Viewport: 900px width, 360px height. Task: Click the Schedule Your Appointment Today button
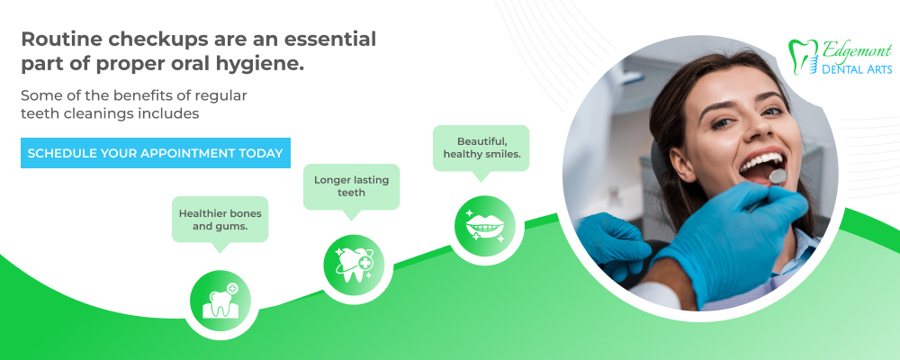pos(156,153)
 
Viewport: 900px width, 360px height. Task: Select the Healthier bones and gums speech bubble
pos(220,220)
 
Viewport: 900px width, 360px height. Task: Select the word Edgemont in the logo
pos(857,50)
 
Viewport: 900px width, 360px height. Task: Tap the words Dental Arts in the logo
pos(857,69)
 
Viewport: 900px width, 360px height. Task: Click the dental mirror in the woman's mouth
pos(778,176)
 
